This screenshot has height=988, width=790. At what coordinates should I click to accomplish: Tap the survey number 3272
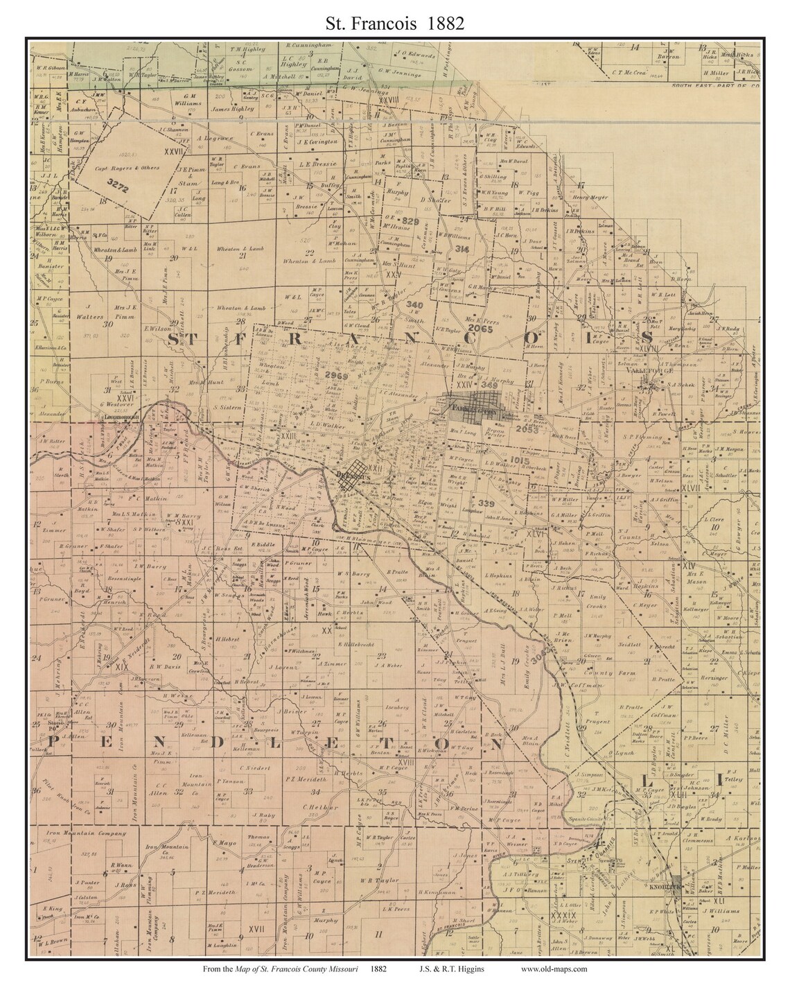click(119, 179)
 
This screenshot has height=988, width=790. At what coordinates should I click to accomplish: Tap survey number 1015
click(518, 461)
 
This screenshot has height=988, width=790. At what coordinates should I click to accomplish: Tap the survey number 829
click(411, 221)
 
